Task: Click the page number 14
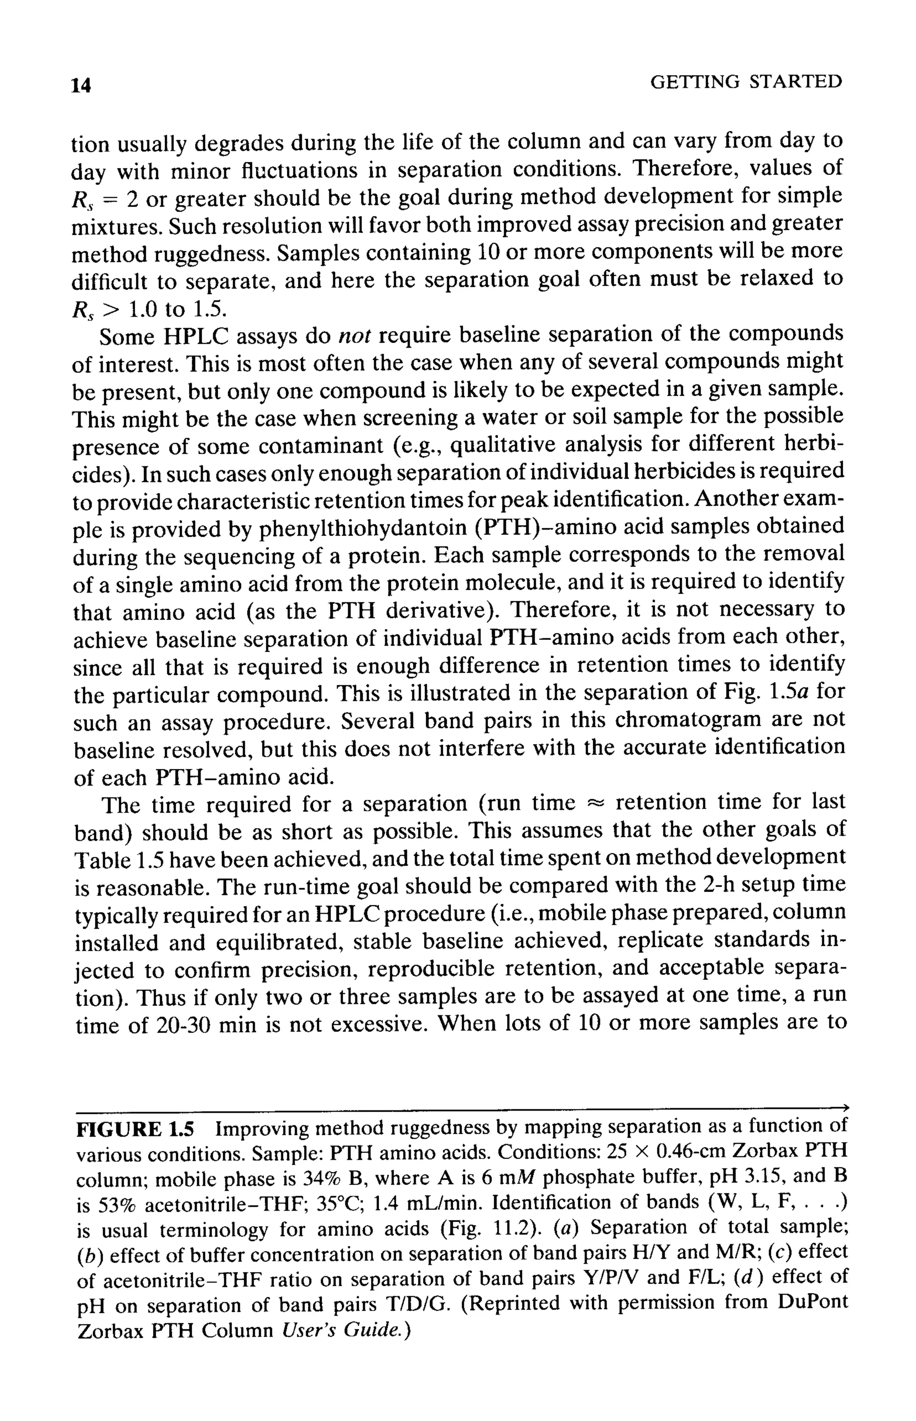[81, 85]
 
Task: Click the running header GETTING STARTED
[746, 82]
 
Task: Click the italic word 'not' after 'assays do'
[355, 337]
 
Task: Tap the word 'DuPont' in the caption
[811, 1304]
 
